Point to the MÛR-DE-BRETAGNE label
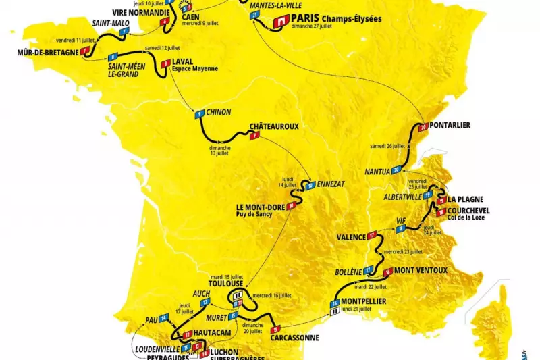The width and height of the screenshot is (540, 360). pos(44,52)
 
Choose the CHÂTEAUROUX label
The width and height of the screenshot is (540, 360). pos(274,126)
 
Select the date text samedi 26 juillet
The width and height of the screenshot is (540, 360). pos(388,146)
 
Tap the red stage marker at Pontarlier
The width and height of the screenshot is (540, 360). pos(423,127)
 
